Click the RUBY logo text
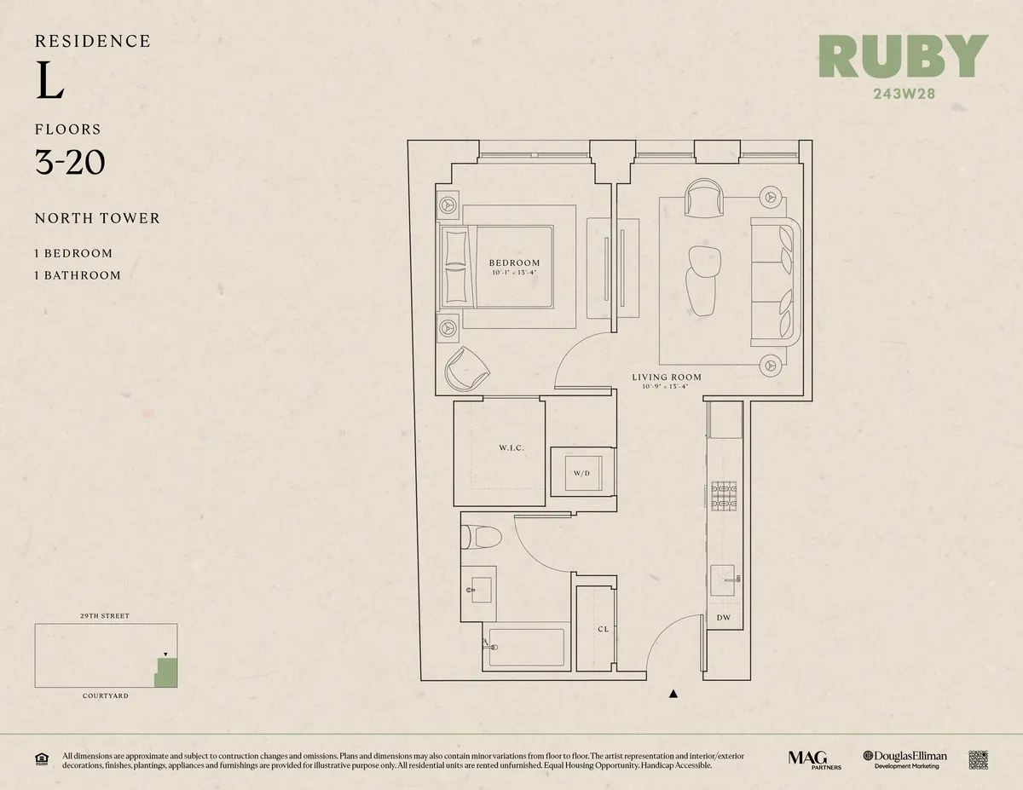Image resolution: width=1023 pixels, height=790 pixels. click(x=903, y=56)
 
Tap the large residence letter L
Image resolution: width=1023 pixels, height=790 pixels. click(x=50, y=82)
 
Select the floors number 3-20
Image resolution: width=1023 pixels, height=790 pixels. click(x=70, y=161)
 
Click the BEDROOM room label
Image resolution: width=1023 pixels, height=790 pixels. click(x=514, y=262)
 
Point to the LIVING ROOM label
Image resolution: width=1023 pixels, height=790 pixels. click(x=667, y=377)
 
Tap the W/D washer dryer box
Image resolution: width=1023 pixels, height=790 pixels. click(x=581, y=471)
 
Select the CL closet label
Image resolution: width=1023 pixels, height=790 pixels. click(x=603, y=629)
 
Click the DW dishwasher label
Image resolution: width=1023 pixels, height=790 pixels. click(x=723, y=617)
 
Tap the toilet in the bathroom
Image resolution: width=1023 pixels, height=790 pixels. click(x=472, y=537)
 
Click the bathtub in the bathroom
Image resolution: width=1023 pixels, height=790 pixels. click(x=525, y=649)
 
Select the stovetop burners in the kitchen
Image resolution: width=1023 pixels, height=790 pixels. click(x=724, y=496)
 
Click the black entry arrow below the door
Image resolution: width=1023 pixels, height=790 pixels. click(x=673, y=694)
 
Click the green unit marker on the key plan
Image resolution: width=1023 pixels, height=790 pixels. click(x=166, y=673)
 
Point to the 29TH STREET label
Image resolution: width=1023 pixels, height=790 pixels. click(x=105, y=615)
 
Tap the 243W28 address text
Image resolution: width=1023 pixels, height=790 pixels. click(x=904, y=94)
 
